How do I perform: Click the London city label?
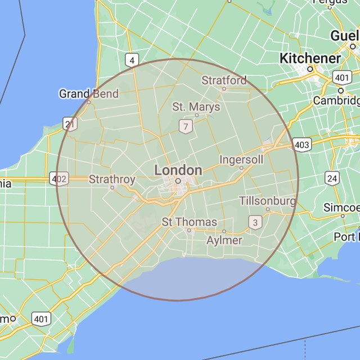pyautogui.click(x=178, y=170)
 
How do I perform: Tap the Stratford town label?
pyautogui.click(x=224, y=80)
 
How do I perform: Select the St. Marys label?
pyautogui.click(x=196, y=107)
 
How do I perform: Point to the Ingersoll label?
pyautogui.click(x=241, y=160)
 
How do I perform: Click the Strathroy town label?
pyautogui.click(x=112, y=179)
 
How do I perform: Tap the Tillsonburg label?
pyautogui.click(x=268, y=201)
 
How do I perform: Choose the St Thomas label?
pyautogui.click(x=190, y=222)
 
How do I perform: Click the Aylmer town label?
pyautogui.click(x=224, y=240)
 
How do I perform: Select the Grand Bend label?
pyautogui.click(x=89, y=93)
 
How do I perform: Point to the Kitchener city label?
pyautogui.click(x=310, y=58)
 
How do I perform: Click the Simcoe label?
pyautogui.click(x=341, y=208)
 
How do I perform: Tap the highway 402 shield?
pyautogui.click(x=59, y=179)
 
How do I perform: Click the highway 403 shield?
pyautogui.click(x=302, y=145)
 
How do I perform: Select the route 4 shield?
pyautogui.click(x=132, y=60)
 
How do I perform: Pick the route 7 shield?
pyautogui.click(x=185, y=126)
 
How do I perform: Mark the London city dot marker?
pyautogui.click(x=178, y=181)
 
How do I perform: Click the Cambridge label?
pyautogui.click(x=337, y=100)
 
